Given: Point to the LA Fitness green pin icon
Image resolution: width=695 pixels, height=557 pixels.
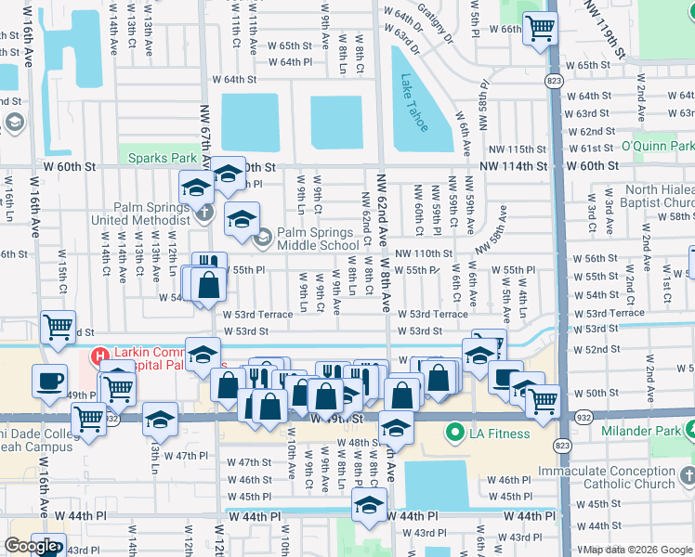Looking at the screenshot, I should tap(455, 433).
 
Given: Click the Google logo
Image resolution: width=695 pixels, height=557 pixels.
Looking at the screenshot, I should tap(31, 546).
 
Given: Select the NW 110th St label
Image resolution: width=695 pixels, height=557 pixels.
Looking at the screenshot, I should tap(423, 253).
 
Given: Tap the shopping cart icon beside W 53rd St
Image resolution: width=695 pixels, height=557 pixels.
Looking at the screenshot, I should tap(58, 328).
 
